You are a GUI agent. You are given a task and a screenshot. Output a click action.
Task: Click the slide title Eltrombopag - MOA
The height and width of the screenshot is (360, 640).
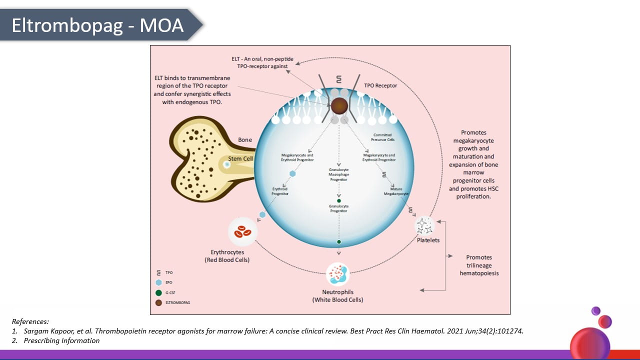97,25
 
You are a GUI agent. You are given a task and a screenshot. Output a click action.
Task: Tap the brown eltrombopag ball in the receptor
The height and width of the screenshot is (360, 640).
339,105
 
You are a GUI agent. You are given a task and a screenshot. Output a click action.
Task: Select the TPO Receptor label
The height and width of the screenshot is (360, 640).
380,85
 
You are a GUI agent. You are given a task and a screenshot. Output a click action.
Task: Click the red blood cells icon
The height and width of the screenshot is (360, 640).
243,231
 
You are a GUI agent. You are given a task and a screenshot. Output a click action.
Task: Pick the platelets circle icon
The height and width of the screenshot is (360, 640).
425,225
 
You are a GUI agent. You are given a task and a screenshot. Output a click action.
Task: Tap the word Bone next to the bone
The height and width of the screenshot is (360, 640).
245,140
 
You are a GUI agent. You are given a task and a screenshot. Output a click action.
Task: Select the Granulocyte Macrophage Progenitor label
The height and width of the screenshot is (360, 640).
338,174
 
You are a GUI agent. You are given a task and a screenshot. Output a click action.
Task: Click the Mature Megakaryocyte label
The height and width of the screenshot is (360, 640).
396,191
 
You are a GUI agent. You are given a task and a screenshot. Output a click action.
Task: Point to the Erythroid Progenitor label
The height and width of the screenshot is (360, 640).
280,191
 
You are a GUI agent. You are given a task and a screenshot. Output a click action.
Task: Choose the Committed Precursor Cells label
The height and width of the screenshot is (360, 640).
382,137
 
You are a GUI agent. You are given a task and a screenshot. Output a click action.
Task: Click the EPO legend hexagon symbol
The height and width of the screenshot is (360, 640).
158,282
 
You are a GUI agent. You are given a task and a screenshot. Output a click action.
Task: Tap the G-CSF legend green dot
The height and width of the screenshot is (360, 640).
158,292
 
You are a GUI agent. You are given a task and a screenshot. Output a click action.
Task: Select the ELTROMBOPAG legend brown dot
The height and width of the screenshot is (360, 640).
158,302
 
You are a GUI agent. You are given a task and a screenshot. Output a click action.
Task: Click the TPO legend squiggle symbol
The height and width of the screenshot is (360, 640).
158,273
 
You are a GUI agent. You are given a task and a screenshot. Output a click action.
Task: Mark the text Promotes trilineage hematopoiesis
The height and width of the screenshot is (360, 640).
479,265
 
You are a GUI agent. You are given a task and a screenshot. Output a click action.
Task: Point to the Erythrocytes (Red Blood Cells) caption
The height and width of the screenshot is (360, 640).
227,256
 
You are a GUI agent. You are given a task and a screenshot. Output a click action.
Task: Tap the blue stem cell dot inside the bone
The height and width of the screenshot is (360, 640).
226,164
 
